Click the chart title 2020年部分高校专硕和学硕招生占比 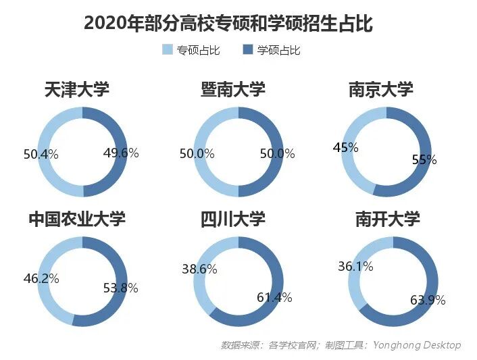click(228, 23)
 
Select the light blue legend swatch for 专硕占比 click(168, 50)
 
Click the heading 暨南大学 click(233, 89)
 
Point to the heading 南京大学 click(380, 89)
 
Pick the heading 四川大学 click(233, 219)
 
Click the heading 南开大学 click(388, 219)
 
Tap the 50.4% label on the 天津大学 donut click(41, 155)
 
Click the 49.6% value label click(121, 153)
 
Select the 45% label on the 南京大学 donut click(345, 147)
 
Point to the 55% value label click(424, 160)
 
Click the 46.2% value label click(42, 278)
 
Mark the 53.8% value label click(121, 288)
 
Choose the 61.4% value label click(274, 297)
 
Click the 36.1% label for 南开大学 click(355, 267)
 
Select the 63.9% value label click(428, 301)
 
